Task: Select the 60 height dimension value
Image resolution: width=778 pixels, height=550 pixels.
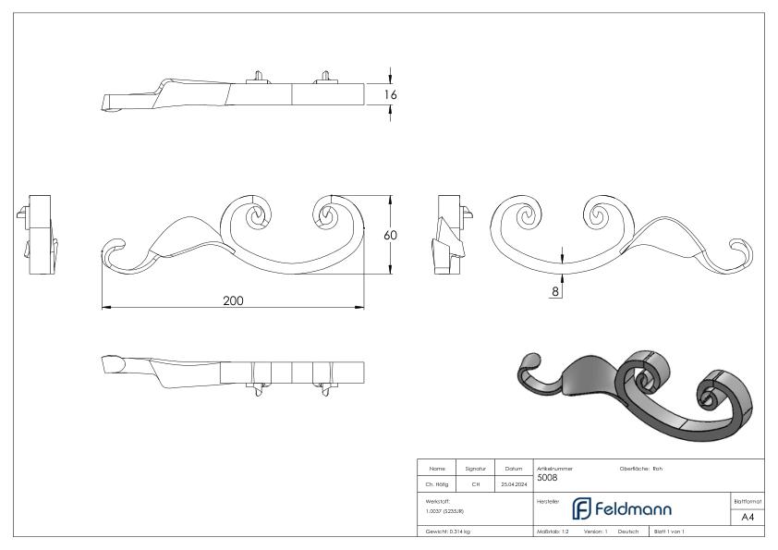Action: click(391, 236)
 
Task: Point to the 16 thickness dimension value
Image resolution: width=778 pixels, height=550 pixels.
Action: click(391, 93)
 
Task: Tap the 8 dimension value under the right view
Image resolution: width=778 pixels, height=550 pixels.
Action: click(554, 290)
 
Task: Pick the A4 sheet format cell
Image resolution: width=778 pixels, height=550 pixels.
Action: click(747, 517)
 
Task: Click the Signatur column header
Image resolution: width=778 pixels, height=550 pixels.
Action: click(476, 469)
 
